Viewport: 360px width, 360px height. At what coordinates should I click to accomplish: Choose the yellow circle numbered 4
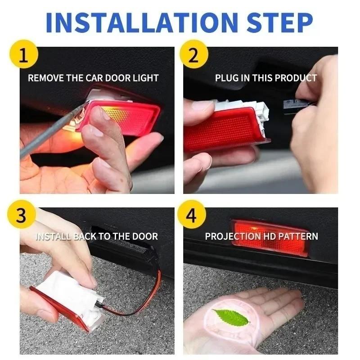coord(192,216)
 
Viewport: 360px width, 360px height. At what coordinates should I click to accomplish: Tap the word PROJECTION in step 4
coord(233,236)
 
